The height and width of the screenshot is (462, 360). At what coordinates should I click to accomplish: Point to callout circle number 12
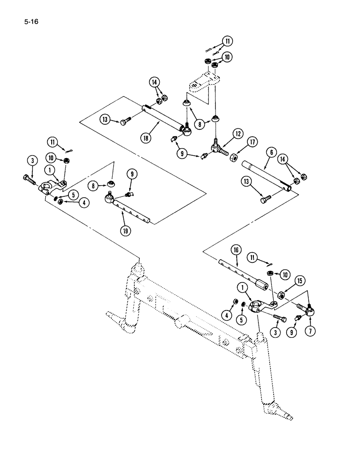(237, 134)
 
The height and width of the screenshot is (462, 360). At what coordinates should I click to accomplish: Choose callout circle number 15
(300, 280)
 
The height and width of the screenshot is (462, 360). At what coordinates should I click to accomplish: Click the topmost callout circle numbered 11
(226, 42)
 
